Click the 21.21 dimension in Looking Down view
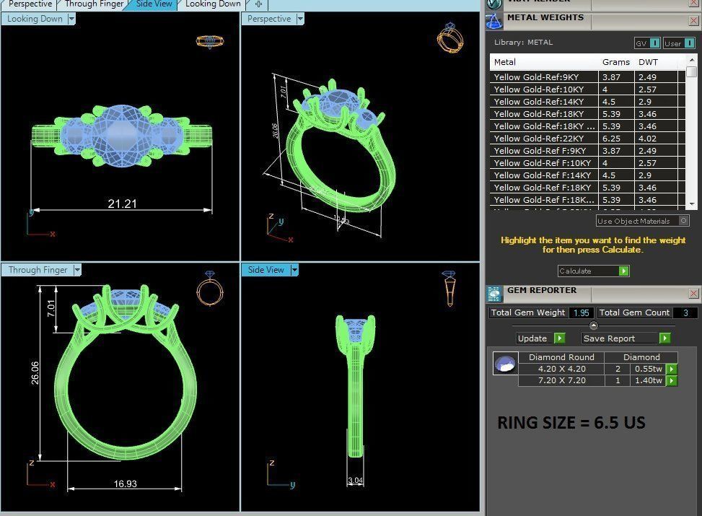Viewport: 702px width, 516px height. pos(122,204)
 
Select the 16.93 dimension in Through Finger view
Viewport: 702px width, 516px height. pos(124,484)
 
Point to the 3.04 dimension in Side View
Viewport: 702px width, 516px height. pos(355,481)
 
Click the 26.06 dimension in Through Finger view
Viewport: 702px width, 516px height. pos(35,373)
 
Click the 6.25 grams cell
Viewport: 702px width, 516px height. pos(611,139)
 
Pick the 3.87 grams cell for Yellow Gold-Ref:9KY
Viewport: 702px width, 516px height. pos(611,77)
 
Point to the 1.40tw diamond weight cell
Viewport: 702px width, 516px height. pos(648,380)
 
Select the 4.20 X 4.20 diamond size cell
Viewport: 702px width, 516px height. pos(561,369)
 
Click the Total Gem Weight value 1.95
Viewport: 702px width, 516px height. pos(581,313)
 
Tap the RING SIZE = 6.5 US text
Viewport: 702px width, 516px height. pos(571,423)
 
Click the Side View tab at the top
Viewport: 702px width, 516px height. pos(154,4)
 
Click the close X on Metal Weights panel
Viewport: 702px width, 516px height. pos(693,19)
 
